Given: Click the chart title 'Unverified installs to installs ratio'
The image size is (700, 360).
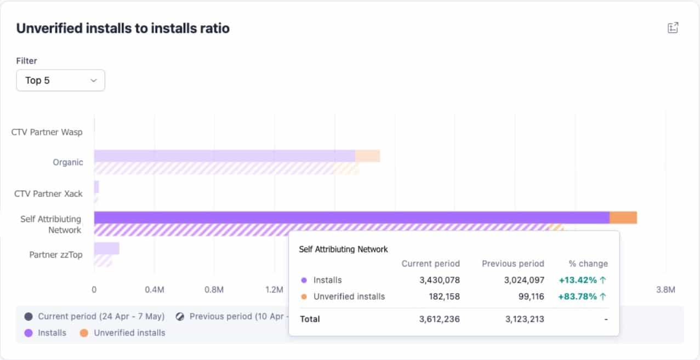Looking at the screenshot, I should [123, 28].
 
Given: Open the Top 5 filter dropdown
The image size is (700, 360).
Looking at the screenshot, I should [60, 81].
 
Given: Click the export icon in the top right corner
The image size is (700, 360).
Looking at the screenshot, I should [673, 28].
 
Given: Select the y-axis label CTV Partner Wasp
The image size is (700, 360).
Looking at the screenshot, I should [47, 132].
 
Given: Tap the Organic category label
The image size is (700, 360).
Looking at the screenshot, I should [68, 162].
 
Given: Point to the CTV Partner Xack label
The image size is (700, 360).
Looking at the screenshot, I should [48, 193].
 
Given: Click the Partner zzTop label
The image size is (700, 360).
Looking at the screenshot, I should [56, 254].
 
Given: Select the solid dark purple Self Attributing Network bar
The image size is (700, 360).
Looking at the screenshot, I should [351, 218].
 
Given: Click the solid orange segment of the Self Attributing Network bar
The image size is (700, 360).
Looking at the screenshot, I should [623, 218].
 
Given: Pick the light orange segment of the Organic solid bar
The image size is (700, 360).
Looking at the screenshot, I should [367, 156].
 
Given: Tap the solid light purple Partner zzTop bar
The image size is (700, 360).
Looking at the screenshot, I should [106, 249].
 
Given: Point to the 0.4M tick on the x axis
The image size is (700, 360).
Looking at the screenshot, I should [154, 289].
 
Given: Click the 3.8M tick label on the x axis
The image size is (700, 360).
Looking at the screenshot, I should [665, 289].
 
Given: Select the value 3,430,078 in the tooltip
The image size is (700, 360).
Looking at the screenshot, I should [440, 280].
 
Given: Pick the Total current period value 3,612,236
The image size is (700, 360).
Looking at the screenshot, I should [440, 319].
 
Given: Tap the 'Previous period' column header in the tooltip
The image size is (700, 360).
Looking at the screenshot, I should [513, 264].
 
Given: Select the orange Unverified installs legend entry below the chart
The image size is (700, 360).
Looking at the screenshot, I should [123, 333].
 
